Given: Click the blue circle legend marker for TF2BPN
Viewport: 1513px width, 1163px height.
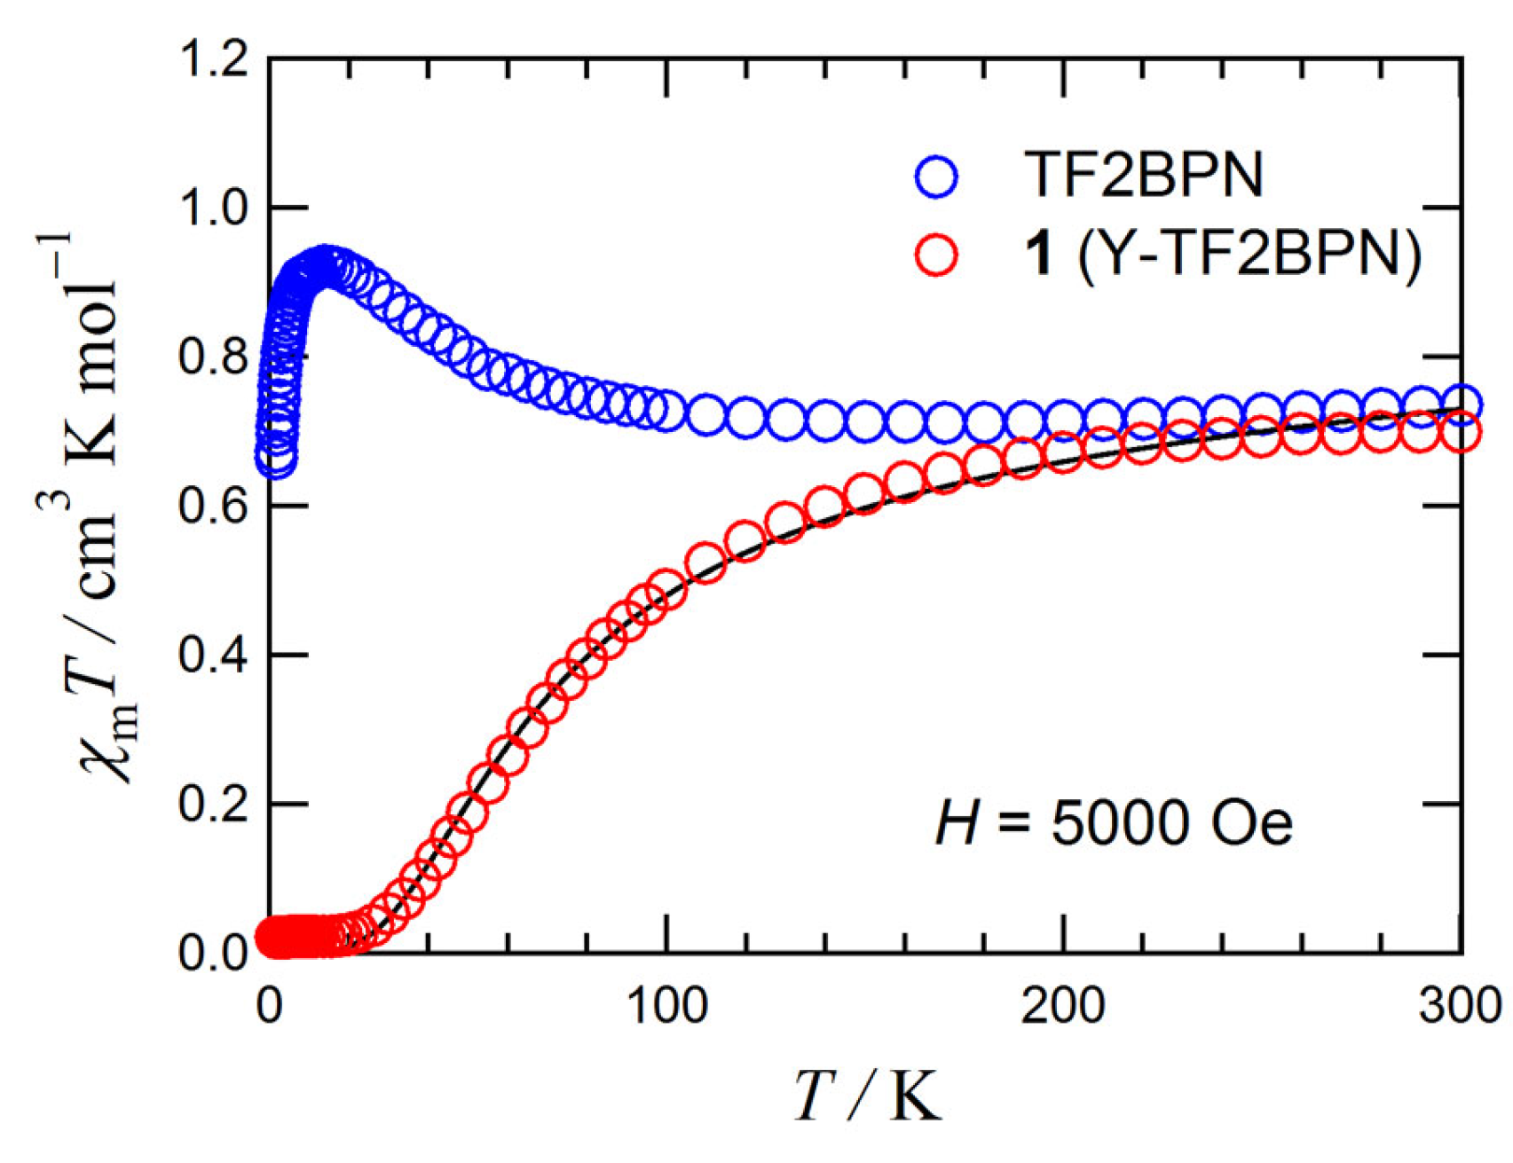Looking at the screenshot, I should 936,177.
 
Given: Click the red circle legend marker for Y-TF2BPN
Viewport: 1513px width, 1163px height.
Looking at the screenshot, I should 936,255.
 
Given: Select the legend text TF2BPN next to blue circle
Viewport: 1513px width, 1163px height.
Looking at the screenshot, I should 1144,175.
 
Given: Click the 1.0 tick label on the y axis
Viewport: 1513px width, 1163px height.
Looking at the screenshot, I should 213,209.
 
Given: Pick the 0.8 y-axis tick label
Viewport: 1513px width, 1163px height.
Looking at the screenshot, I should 213,358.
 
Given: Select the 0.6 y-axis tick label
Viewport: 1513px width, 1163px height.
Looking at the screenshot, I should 213,507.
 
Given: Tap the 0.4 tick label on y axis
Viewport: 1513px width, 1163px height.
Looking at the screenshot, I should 213,656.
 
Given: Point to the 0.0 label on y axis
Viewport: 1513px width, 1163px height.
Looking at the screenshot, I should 213,954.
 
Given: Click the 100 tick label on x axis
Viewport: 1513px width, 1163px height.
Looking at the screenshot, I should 666,1007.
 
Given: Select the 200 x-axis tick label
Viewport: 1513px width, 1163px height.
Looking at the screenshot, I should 1062,1007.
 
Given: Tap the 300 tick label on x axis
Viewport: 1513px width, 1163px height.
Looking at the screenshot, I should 1458,1007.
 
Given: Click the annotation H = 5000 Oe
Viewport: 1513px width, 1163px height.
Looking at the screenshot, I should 1114,822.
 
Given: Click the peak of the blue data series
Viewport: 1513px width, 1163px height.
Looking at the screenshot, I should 326,265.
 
